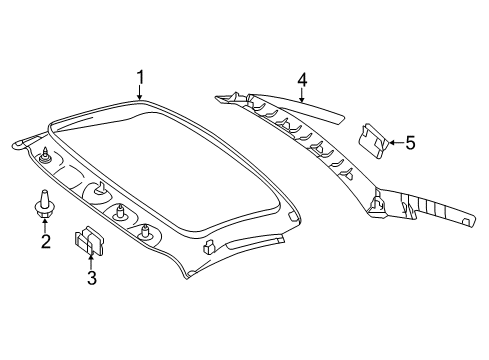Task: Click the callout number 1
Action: tap(141, 77)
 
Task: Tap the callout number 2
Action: tap(46, 241)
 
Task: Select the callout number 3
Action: tap(92, 278)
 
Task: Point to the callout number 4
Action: tap(302, 80)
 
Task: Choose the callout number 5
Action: tap(410, 143)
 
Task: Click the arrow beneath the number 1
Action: tap(140, 92)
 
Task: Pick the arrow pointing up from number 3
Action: tap(90, 261)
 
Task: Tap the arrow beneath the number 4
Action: tap(302, 95)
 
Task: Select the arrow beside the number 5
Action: tap(396, 142)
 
